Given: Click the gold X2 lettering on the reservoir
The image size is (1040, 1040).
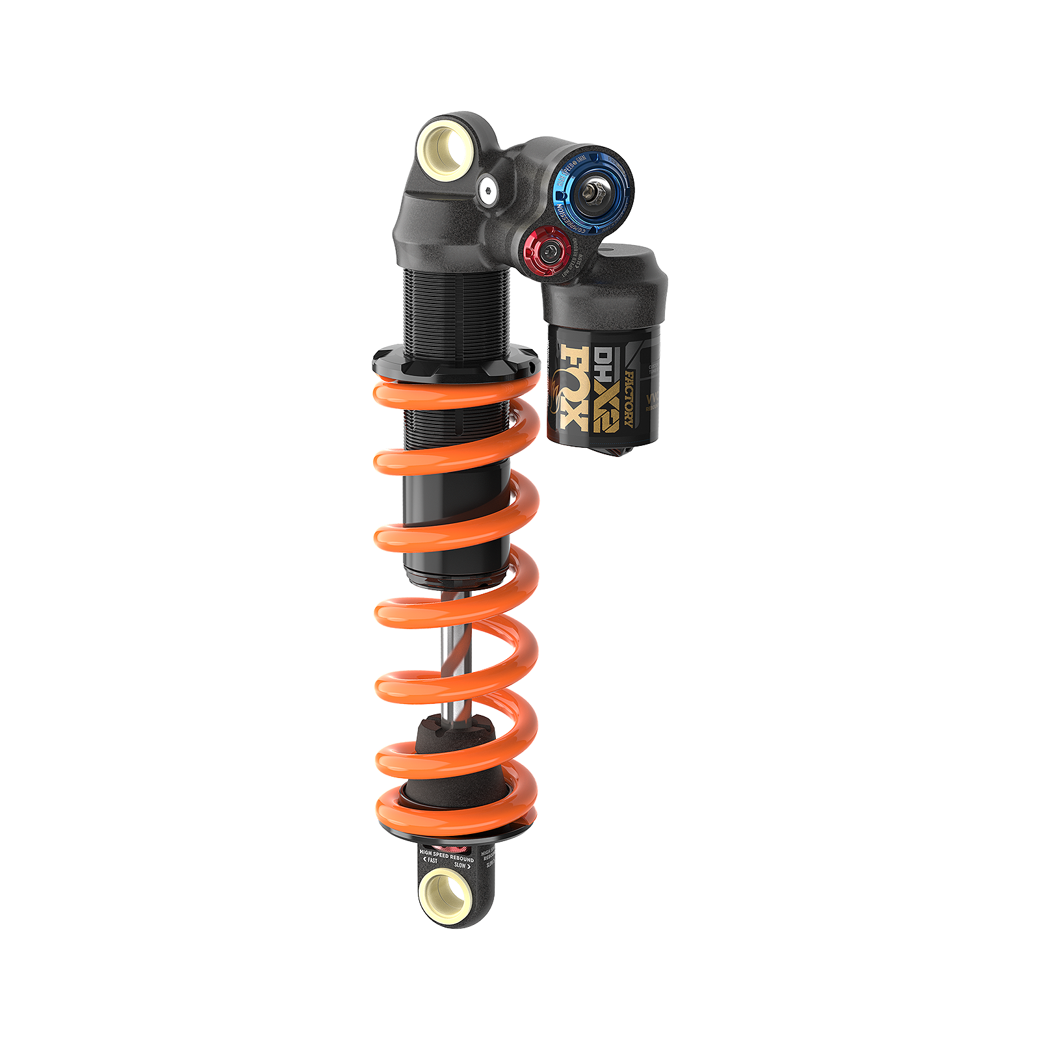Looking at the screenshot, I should point(606,402).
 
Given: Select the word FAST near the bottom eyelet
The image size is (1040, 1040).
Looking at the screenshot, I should point(432,861).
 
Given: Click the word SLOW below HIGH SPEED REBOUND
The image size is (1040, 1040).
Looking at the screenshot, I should point(460,865).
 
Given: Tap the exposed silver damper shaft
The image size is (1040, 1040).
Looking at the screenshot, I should point(454,650).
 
